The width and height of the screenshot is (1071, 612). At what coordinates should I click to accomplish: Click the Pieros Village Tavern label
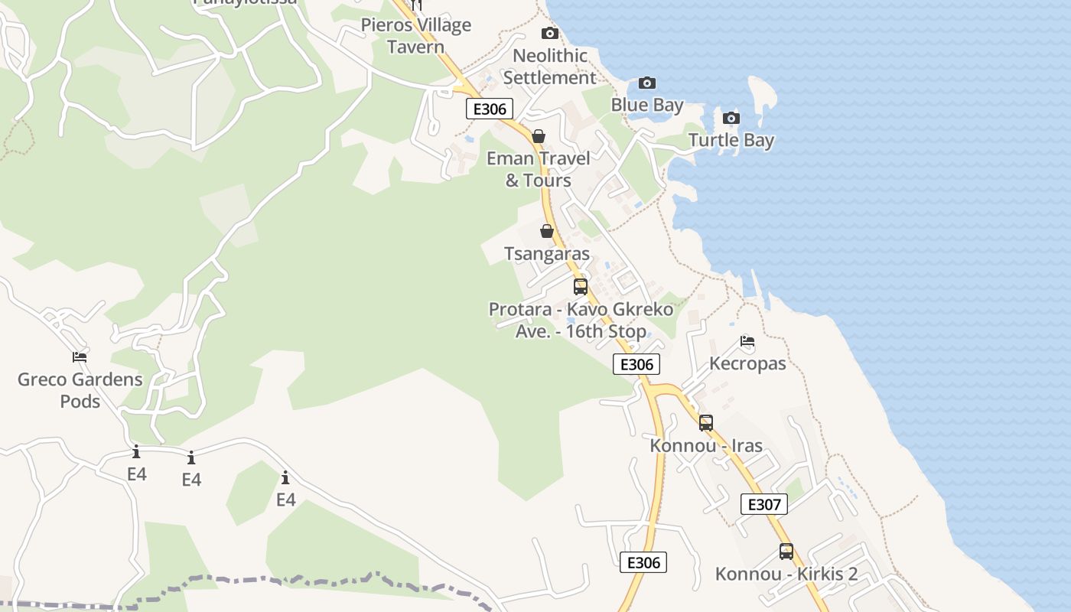(x=416, y=36)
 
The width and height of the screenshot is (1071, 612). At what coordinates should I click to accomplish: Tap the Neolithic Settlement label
(x=549, y=67)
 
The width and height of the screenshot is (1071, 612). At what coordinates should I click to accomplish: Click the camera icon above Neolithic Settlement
(x=549, y=33)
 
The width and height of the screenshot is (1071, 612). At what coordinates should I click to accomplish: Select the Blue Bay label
(x=647, y=105)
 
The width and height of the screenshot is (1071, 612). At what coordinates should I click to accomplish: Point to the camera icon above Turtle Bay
(x=731, y=118)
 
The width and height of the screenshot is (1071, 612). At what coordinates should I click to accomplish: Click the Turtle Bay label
(x=731, y=140)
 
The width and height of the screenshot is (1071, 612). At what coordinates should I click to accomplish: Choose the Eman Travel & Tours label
(x=539, y=169)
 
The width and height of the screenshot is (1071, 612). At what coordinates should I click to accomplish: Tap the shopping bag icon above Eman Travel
(x=539, y=136)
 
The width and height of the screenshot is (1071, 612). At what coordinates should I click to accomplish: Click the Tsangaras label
(x=547, y=253)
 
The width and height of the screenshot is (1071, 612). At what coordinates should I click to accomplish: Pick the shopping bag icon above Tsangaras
(x=547, y=231)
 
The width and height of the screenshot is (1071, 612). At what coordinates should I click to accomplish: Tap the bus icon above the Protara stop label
(x=581, y=287)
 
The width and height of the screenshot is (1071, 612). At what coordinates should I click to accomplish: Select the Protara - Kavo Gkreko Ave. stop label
(x=581, y=320)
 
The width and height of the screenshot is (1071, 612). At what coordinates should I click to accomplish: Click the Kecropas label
(x=747, y=363)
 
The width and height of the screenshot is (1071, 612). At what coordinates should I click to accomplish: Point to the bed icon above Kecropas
(x=747, y=341)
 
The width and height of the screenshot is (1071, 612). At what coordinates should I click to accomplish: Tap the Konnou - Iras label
(x=706, y=445)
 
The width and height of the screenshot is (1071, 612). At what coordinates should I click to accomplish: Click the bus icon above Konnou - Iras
(x=706, y=422)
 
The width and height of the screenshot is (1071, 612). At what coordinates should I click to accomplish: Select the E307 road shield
(x=763, y=504)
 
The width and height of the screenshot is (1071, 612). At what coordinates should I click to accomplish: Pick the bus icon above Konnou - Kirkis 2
(x=786, y=551)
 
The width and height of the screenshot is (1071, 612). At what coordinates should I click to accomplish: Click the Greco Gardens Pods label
(x=80, y=390)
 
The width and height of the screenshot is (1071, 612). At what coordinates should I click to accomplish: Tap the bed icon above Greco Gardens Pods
(x=80, y=356)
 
